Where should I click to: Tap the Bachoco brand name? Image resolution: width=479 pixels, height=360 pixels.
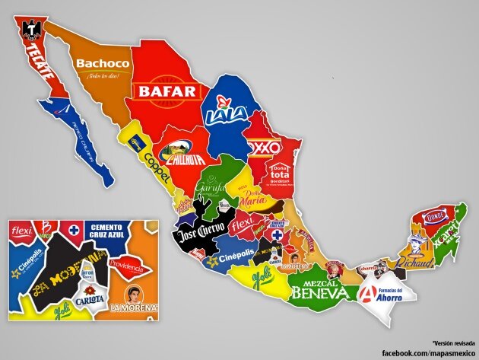102,64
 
